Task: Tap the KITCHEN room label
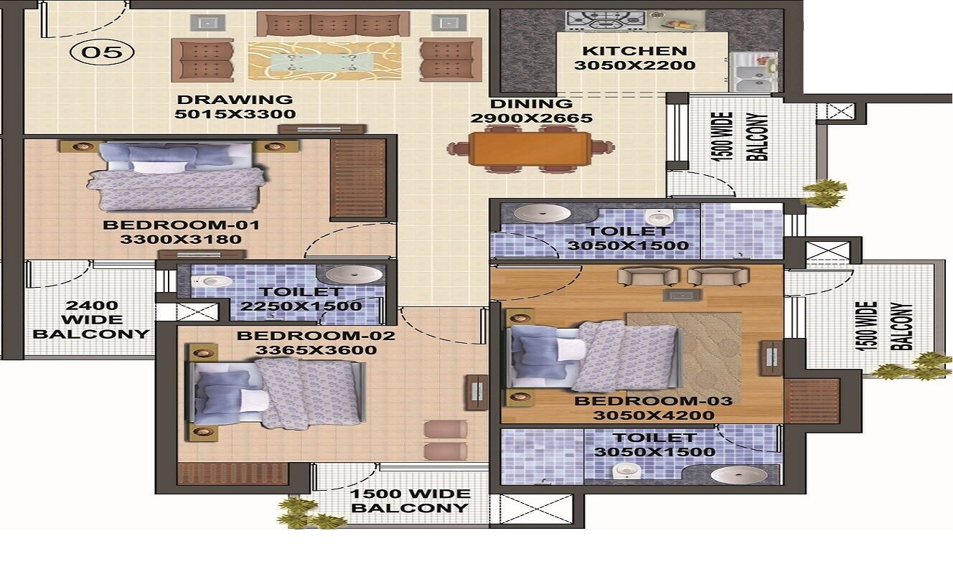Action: [634, 51]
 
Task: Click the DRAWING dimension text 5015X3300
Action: [235, 114]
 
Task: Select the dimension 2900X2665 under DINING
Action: [531, 118]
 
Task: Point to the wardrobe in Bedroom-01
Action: [358, 178]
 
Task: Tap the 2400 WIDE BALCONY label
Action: [91, 319]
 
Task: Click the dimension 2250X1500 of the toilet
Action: [301, 306]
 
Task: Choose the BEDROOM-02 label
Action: [316, 336]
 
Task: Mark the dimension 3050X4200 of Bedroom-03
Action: [654, 415]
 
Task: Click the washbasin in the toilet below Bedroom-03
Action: [739, 475]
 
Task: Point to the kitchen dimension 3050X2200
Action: [634, 65]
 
